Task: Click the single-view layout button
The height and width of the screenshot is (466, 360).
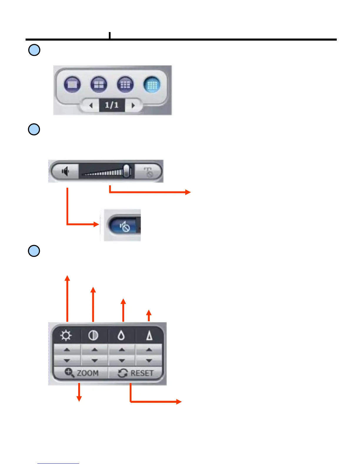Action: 72,85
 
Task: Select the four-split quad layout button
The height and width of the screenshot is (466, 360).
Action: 99,85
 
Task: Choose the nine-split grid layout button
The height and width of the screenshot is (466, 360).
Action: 125,85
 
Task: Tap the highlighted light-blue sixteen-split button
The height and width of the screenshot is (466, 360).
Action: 152,85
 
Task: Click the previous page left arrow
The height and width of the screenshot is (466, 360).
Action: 91,105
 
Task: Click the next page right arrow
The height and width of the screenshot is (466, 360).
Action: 133,105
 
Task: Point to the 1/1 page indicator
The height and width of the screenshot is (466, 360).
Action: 112,105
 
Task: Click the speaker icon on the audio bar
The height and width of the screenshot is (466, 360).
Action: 65,171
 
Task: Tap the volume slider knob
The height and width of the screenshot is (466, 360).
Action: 126,171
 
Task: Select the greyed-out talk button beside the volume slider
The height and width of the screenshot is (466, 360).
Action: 149,172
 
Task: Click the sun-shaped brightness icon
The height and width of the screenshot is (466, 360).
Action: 66,336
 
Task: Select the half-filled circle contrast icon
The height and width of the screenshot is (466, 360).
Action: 93,336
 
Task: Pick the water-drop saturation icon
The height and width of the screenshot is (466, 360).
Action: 121,336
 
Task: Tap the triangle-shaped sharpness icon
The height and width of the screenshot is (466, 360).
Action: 149,336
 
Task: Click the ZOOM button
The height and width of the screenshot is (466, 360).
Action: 81,373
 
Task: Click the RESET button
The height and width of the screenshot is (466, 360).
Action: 136,373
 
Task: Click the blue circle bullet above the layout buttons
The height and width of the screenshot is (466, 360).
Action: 34,50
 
